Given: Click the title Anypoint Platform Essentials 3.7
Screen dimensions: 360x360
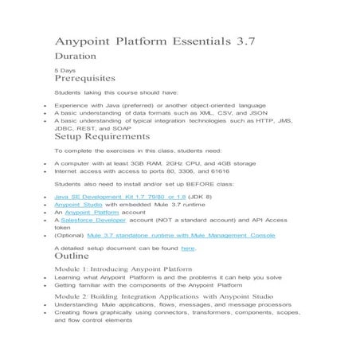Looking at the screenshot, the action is tap(155, 41).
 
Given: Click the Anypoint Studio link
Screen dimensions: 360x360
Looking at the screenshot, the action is tap(79, 205).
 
